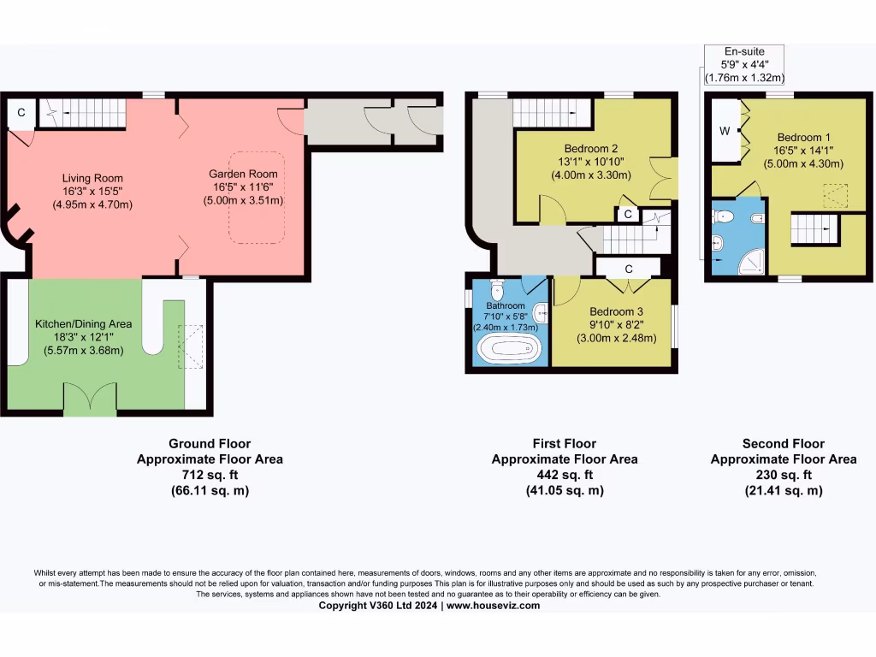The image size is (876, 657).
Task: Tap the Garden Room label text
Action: (x=243, y=174)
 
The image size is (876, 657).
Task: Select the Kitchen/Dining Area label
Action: (x=83, y=324)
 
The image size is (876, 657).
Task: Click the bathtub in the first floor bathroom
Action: (x=508, y=350)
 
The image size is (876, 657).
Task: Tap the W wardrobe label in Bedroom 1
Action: (x=725, y=131)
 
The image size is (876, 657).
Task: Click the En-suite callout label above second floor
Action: (x=743, y=51)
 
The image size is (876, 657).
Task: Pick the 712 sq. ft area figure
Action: (x=210, y=475)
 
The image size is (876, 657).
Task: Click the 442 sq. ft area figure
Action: (x=564, y=475)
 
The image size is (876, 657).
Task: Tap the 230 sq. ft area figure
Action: (x=783, y=475)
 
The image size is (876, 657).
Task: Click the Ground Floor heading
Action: (x=210, y=443)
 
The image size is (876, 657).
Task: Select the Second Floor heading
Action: (x=783, y=443)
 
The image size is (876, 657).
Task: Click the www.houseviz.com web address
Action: (x=493, y=605)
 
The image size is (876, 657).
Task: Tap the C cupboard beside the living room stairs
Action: (x=21, y=112)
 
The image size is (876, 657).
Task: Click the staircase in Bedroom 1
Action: (x=810, y=229)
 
